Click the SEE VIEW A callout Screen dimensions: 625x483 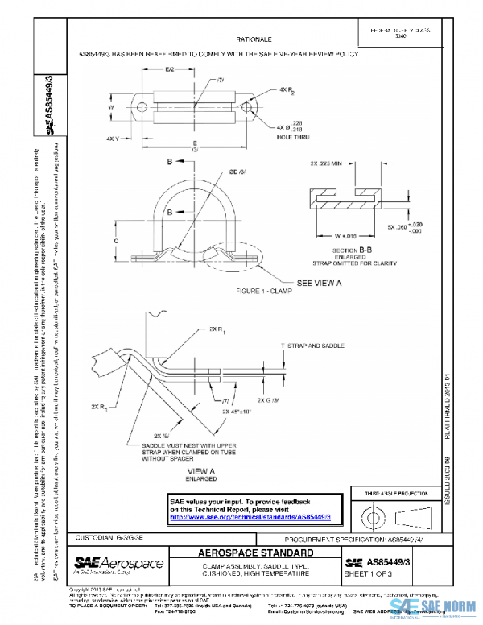pyautogui.click(x=320, y=284)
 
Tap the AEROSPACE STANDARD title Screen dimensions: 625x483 pyautogui.click(x=254, y=555)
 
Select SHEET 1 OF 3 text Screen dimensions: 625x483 pyautogui.click(x=367, y=574)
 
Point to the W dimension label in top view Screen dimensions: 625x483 pyautogui.click(x=114, y=106)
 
